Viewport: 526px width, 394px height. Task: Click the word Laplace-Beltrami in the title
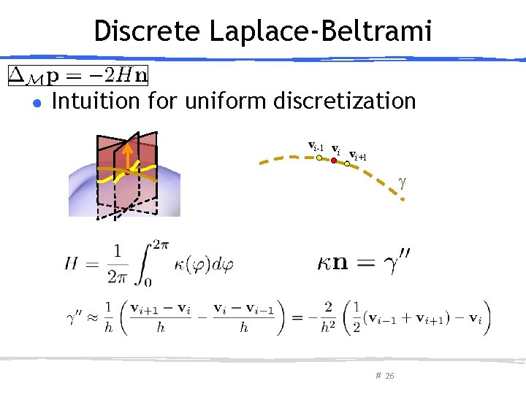(321, 31)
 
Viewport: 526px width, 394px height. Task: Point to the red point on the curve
(333, 160)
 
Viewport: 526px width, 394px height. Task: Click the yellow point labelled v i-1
(319, 157)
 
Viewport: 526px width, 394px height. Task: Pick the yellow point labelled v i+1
(347, 164)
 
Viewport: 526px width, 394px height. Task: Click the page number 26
(389, 376)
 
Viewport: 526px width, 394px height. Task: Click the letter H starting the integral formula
(72, 263)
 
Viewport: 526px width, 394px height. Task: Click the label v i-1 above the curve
(316, 146)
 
